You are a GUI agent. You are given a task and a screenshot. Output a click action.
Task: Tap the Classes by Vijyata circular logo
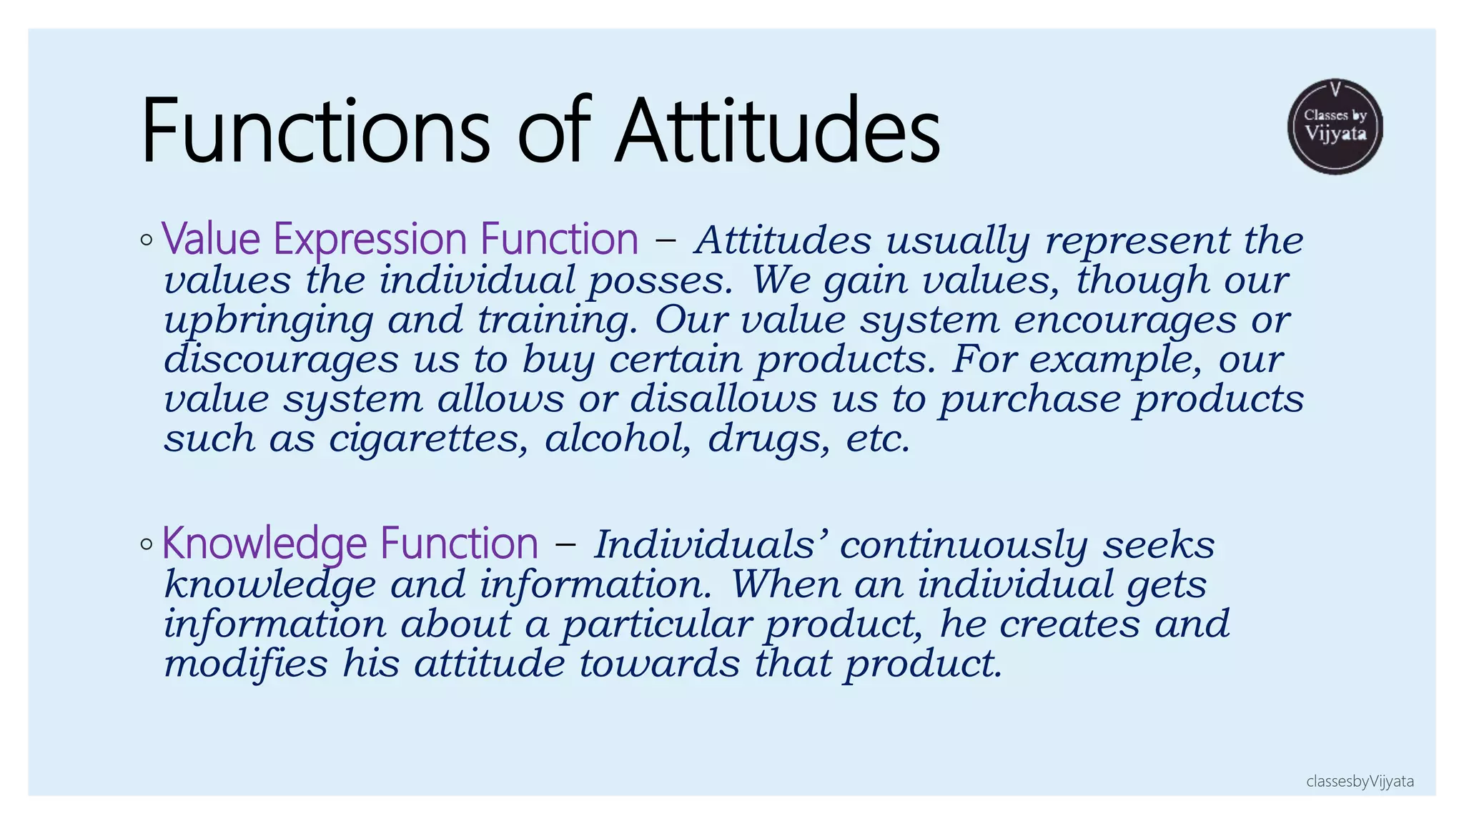tap(1335, 127)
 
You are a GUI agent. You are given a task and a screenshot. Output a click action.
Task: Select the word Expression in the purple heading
tap(370, 239)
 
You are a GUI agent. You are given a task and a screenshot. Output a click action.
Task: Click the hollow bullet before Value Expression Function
tap(147, 240)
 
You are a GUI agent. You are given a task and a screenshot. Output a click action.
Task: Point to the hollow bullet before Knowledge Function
tap(147, 544)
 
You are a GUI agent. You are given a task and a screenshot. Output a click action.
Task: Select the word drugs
tap(769, 438)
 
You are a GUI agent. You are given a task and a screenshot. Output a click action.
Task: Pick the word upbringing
tap(268, 320)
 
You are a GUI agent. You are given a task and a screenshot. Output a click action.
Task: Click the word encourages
tap(1124, 320)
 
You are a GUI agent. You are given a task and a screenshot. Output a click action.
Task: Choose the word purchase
tap(1029, 399)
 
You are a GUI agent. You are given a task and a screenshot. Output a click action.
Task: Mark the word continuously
tap(963, 545)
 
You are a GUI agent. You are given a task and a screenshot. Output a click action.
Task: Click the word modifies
tap(245, 663)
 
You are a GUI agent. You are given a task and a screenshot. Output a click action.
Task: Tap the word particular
tap(656, 624)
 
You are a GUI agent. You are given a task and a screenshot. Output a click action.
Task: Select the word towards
tap(658, 663)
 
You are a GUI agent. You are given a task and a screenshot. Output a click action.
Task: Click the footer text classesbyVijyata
tap(1359, 781)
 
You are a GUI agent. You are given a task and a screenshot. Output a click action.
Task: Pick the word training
tap(557, 320)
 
